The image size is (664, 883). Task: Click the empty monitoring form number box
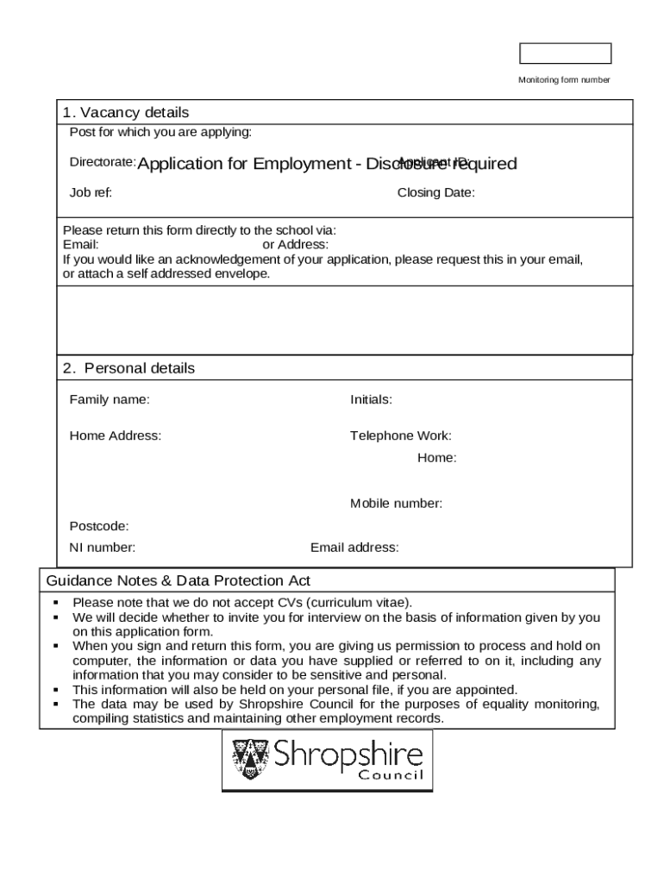[x=565, y=53]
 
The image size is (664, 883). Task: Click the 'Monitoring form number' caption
[x=564, y=80]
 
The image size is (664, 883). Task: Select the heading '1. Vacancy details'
[x=126, y=113]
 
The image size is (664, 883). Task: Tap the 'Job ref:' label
[x=91, y=193]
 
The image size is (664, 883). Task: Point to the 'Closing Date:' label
[x=435, y=193]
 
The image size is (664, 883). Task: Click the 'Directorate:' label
[x=102, y=162]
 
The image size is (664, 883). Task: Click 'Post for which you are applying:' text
[x=160, y=132]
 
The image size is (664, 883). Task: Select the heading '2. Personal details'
[x=128, y=368]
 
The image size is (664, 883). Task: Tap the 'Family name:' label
[x=109, y=399]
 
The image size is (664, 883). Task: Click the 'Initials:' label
[x=371, y=399]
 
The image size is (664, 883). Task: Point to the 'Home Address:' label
[x=115, y=435]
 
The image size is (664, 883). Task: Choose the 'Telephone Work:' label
[x=400, y=435]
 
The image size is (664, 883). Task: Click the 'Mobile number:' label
[x=396, y=504]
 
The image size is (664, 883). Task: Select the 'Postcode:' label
[x=99, y=526]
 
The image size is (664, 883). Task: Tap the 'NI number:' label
[x=102, y=548]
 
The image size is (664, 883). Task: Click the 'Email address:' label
[x=354, y=548]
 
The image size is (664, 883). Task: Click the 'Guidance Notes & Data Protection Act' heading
[x=179, y=581]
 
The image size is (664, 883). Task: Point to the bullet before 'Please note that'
[x=55, y=603]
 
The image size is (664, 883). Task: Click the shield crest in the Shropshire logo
[x=250, y=759]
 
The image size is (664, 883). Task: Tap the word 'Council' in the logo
[x=392, y=775]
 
